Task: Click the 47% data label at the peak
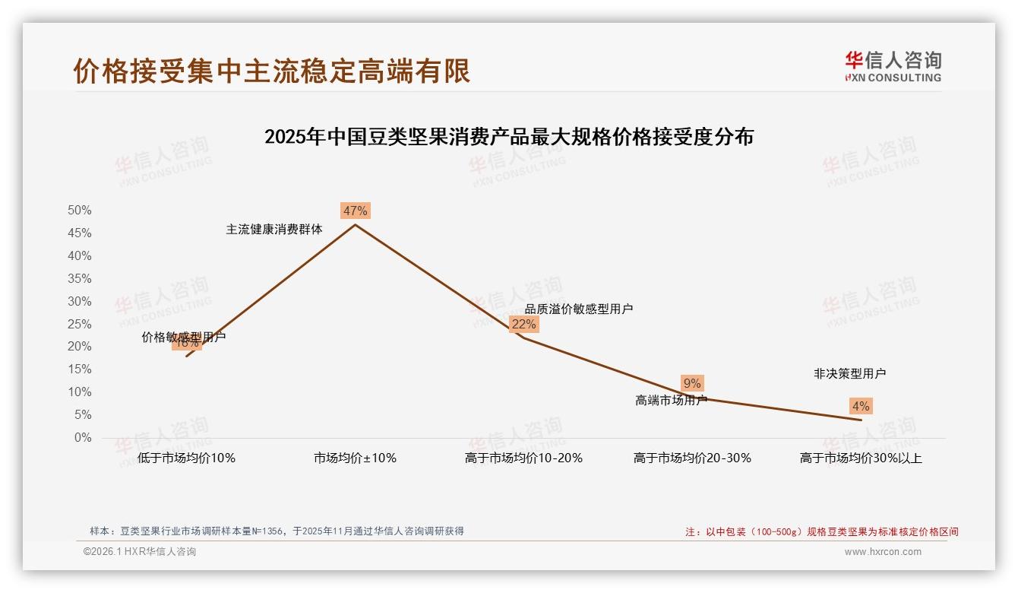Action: pos(355,211)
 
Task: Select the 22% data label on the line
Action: pos(523,324)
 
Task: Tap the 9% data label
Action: pos(692,383)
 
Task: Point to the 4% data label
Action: pos(861,406)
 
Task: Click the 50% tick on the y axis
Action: pos(80,210)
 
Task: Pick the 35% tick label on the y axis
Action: pos(80,278)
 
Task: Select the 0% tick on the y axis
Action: pos(83,438)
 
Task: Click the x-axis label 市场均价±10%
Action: pos(355,458)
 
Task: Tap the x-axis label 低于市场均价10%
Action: pos(186,458)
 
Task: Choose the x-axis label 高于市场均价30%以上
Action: pos(861,458)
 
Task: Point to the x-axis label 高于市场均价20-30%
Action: pos(692,458)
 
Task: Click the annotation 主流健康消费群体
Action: pos(274,229)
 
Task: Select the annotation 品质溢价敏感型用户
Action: pos(579,309)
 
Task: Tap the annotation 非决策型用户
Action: pos(849,373)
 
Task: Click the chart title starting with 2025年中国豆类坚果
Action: pos(509,137)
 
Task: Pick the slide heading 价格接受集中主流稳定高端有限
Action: pos(272,71)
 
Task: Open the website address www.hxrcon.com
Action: pos(883,552)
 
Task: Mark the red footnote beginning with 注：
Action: pos(822,531)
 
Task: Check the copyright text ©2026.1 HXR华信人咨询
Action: pos(140,552)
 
